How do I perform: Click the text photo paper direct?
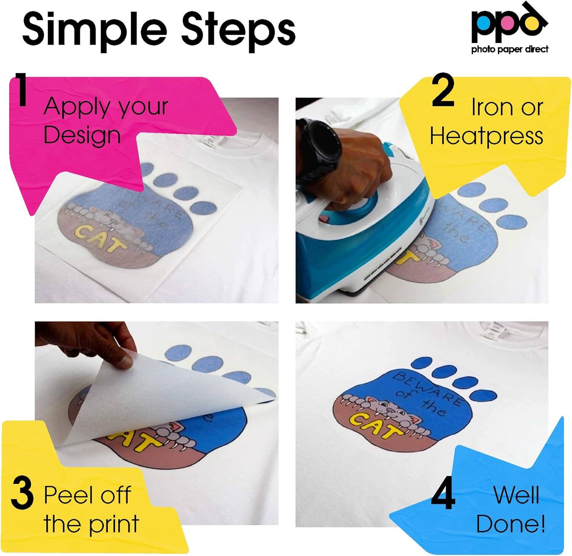point(510,49)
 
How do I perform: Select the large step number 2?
point(443,91)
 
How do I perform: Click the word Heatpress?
point(487,136)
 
